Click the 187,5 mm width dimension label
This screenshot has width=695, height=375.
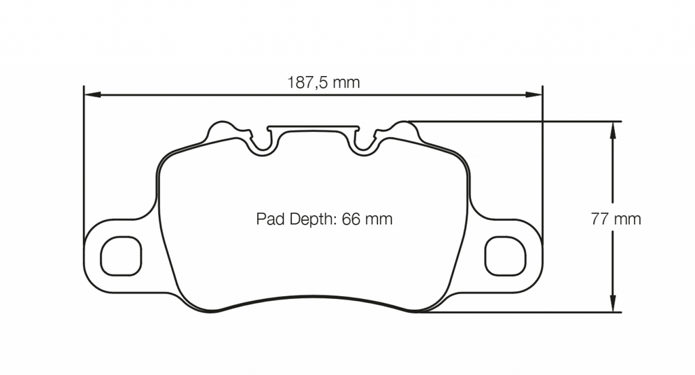pyautogui.click(x=323, y=83)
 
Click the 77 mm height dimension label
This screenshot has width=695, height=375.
pyautogui.click(x=616, y=219)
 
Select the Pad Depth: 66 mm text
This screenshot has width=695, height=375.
pyautogui.click(x=324, y=219)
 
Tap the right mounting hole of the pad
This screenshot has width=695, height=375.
pyautogui.click(x=506, y=256)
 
